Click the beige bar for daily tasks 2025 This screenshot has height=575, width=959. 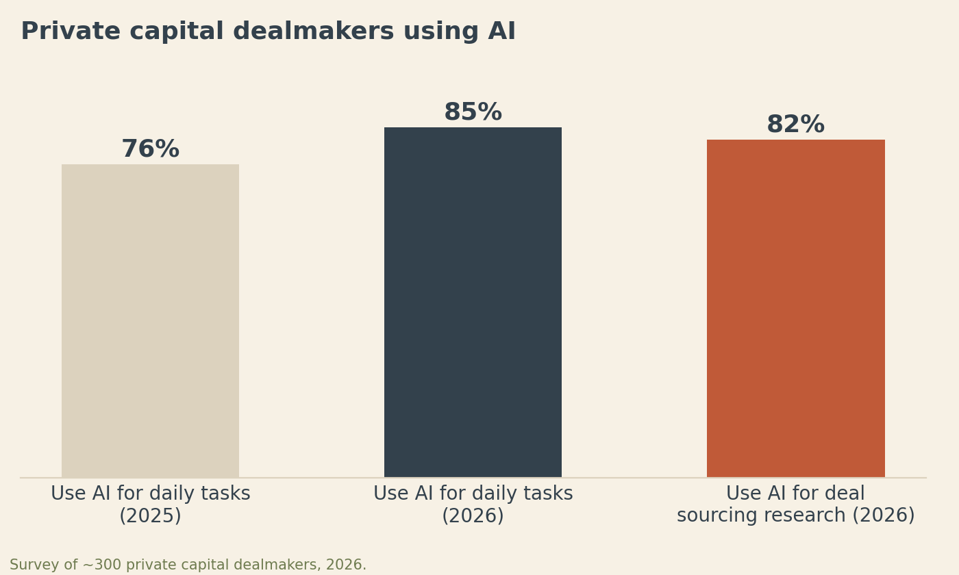tap(150, 321)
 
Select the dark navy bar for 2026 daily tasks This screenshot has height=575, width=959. tap(473, 302)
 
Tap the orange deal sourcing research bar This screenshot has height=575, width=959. tap(795, 309)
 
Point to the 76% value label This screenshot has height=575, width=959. tap(151, 149)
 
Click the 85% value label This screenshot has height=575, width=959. tap(473, 112)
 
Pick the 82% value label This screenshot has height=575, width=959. tap(795, 125)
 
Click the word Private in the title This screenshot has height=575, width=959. tap(71, 31)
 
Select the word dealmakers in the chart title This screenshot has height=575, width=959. tap(313, 31)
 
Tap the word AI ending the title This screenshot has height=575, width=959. tap(501, 31)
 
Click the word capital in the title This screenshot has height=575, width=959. tap(177, 32)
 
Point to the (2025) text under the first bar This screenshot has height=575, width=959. tap(150, 515)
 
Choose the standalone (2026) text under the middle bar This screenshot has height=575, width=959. tap(473, 515)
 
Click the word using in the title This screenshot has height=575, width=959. tap(441, 32)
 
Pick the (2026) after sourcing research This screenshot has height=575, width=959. tap(884, 515)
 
